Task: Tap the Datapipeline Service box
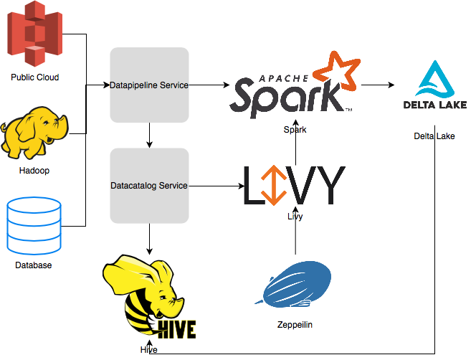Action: pos(149,85)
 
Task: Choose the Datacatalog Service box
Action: pos(149,186)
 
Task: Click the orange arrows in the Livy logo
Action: pos(271,184)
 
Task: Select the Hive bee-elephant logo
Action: pos(149,299)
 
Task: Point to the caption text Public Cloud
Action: pos(34,77)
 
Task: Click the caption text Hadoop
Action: pos(34,171)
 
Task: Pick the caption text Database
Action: pos(34,265)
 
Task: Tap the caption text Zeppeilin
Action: pos(295,324)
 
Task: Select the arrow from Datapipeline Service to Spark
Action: pos(212,85)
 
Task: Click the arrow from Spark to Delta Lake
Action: pos(378,85)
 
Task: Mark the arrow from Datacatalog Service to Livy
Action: pos(215,186)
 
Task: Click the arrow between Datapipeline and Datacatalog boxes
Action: pos(149,135)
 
